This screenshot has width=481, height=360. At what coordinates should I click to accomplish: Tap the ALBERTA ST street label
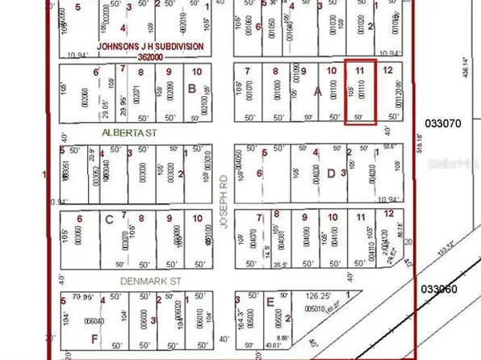pos(123,130)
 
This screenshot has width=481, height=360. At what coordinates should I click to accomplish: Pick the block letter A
pos(317,91)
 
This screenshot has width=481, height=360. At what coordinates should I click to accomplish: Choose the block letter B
pos(192,89)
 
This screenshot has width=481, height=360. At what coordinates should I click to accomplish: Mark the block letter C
pos(109,217)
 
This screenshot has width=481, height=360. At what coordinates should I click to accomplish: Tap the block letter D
pos(331,172)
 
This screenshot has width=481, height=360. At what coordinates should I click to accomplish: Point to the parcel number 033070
pos(441,123)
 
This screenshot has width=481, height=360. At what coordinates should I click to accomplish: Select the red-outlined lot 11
pos(360,93)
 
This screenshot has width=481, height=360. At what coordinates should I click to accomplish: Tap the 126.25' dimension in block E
pos(340,295)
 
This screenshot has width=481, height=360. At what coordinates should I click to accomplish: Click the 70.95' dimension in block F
pos(82,296)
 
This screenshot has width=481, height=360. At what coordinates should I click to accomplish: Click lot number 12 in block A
pos(388,71)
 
